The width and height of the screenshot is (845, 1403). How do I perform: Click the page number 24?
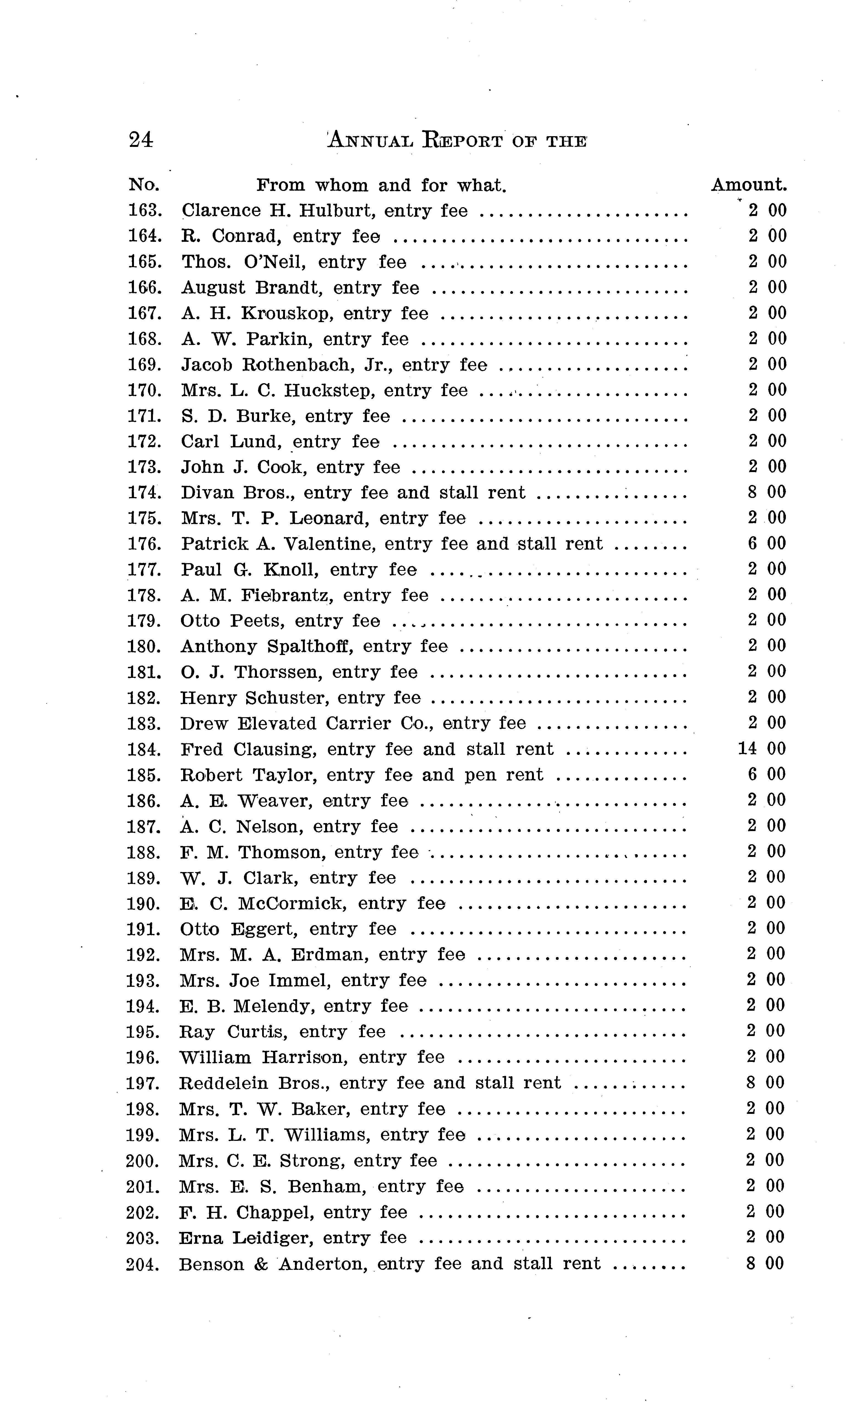(141, 139)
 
